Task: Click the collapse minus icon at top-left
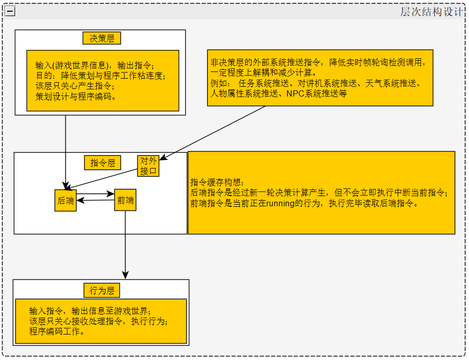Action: click(x=10, y=11)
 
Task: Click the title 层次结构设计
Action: click(x=431, y=12)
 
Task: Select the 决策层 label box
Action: click(x=102, y=38)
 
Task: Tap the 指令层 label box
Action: click(x=102, y=163)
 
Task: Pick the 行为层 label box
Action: click(x=101, y=291)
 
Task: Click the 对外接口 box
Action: click(x=149, y=166)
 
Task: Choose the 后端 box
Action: click(x=65, y=200)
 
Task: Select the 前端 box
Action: click(x=125, y=200)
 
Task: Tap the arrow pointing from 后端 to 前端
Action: click(x=95, y=194)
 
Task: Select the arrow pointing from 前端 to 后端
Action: click(x=95, y=201)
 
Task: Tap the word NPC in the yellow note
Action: click(x=295, y=93)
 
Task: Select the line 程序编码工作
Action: click(x=56, y=331)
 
